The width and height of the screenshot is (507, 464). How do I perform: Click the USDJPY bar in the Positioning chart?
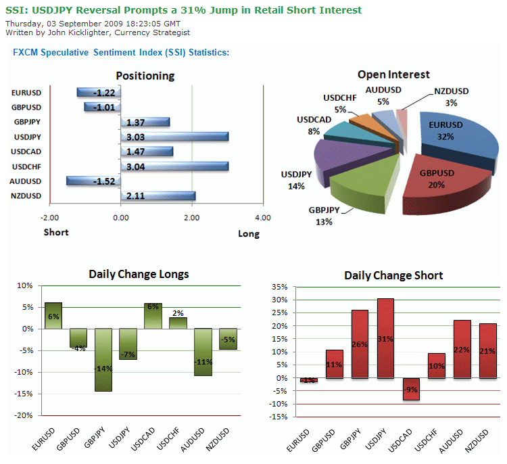pyautogui.click(x=174, y=137)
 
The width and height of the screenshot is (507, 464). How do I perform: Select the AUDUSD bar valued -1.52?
pyautogui.click(x=93, y=181)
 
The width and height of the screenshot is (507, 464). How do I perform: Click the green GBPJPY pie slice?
pyautogui.click(x=365, y=186)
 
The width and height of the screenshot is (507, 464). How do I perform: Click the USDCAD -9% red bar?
pyautogui.click(x=410, y=389)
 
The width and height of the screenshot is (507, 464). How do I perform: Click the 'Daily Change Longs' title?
pyautogui.click(x=139, y=274)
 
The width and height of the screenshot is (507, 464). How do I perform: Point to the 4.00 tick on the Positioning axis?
pyautogui.click(x=262, y=218)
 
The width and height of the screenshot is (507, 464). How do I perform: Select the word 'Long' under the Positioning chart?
pyautogui.click(x=248, y=234)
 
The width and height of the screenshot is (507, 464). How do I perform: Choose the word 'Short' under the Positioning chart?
pyautogui.click(x=56, y=232)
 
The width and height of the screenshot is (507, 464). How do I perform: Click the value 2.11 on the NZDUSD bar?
pyautogui.click(x=135, y=196)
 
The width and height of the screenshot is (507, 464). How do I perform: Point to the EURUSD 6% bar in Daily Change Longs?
pyautogui.click(x=54, y=316)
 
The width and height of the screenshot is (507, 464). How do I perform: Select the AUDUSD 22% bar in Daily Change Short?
pyautogui.click(x=462, y=349)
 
